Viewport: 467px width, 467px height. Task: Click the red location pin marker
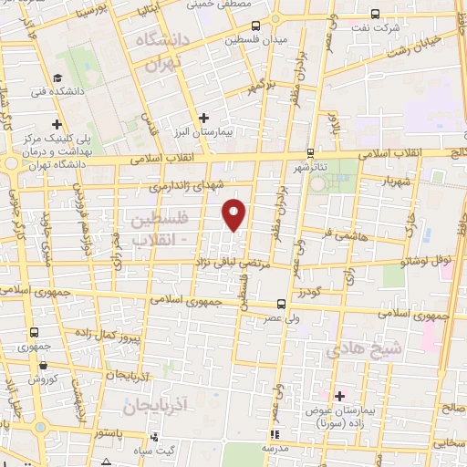[235, 213]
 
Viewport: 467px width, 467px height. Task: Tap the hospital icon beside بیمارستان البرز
[203, 117]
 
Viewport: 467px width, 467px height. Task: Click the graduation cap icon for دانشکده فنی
[57, 78]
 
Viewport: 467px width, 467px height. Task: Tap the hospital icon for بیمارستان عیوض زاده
[340, 396]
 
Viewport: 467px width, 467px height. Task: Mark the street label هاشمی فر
[337, 234]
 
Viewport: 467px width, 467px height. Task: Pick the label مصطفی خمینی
[214, 5]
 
